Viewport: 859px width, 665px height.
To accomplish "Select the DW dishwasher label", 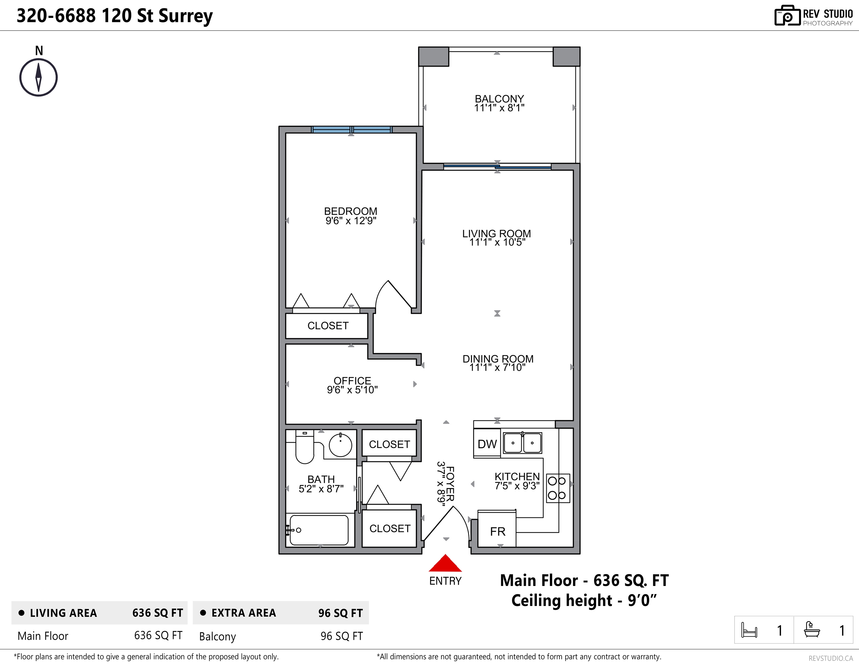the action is tap(487, 444).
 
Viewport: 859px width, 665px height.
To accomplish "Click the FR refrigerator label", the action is tap(498, 532).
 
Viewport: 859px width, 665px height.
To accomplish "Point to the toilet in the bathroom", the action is tap(305, 447).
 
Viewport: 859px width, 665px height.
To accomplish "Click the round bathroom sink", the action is tap(340, 445).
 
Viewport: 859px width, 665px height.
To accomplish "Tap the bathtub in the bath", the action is tap(319, 530).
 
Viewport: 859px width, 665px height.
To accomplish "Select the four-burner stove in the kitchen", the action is tap(558, 488).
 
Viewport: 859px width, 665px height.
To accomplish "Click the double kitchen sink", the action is tap(523, 443).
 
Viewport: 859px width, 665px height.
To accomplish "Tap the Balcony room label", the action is tap(499, 99).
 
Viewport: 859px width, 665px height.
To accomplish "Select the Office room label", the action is tap(352, 381).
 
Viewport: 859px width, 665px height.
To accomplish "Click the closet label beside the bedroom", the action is tap(328, 326).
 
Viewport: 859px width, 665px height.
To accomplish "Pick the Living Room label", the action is tap(496, 234).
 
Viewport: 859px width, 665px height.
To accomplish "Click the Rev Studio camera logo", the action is tap(787, 16).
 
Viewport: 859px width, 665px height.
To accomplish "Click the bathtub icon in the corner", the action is tap(812, 629).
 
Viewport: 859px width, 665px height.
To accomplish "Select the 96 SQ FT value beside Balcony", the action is tap(341, 636).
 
